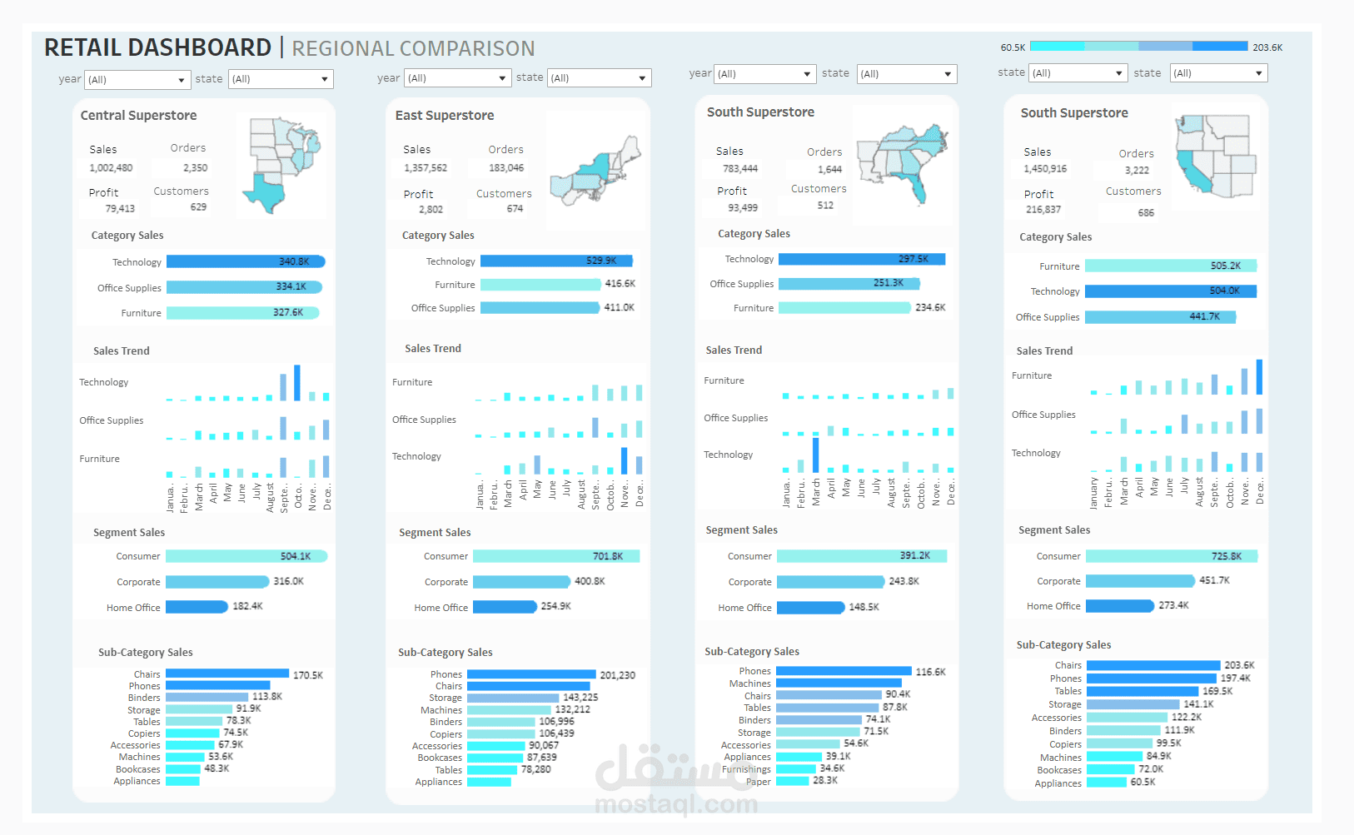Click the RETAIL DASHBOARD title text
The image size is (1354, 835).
click(x=157, y=48)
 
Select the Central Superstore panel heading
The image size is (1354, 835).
click(x=138, y=116)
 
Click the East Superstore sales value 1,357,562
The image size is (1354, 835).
click(x=425, y=168)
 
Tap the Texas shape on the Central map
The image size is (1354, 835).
click(x=268, y=191)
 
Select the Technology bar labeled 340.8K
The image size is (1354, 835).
click(x=245, y=261)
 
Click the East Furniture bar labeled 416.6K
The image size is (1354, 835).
click(x=540, y=285)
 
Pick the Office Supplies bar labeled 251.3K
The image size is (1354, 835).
click(x=848, y=284)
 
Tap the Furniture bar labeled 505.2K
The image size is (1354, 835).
click(x=1170, y=266)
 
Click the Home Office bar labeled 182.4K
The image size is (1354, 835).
click(x=197, y=607)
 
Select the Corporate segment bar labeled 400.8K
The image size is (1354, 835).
click(x=521, y=582)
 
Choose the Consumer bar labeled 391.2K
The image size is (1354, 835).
click(x=861, y=556)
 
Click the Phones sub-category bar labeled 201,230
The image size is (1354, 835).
click(x=531, y=674)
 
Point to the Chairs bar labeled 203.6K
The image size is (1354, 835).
click(x=1152, y=665)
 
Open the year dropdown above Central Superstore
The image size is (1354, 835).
click(x=138, y=80)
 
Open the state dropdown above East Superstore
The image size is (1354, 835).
click(x=599, y=78)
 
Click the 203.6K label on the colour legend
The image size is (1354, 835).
click(x=1267, y=47)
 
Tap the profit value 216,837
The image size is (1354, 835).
click(x=1043, y=210)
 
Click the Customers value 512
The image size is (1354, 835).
click(x=825, y=206)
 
